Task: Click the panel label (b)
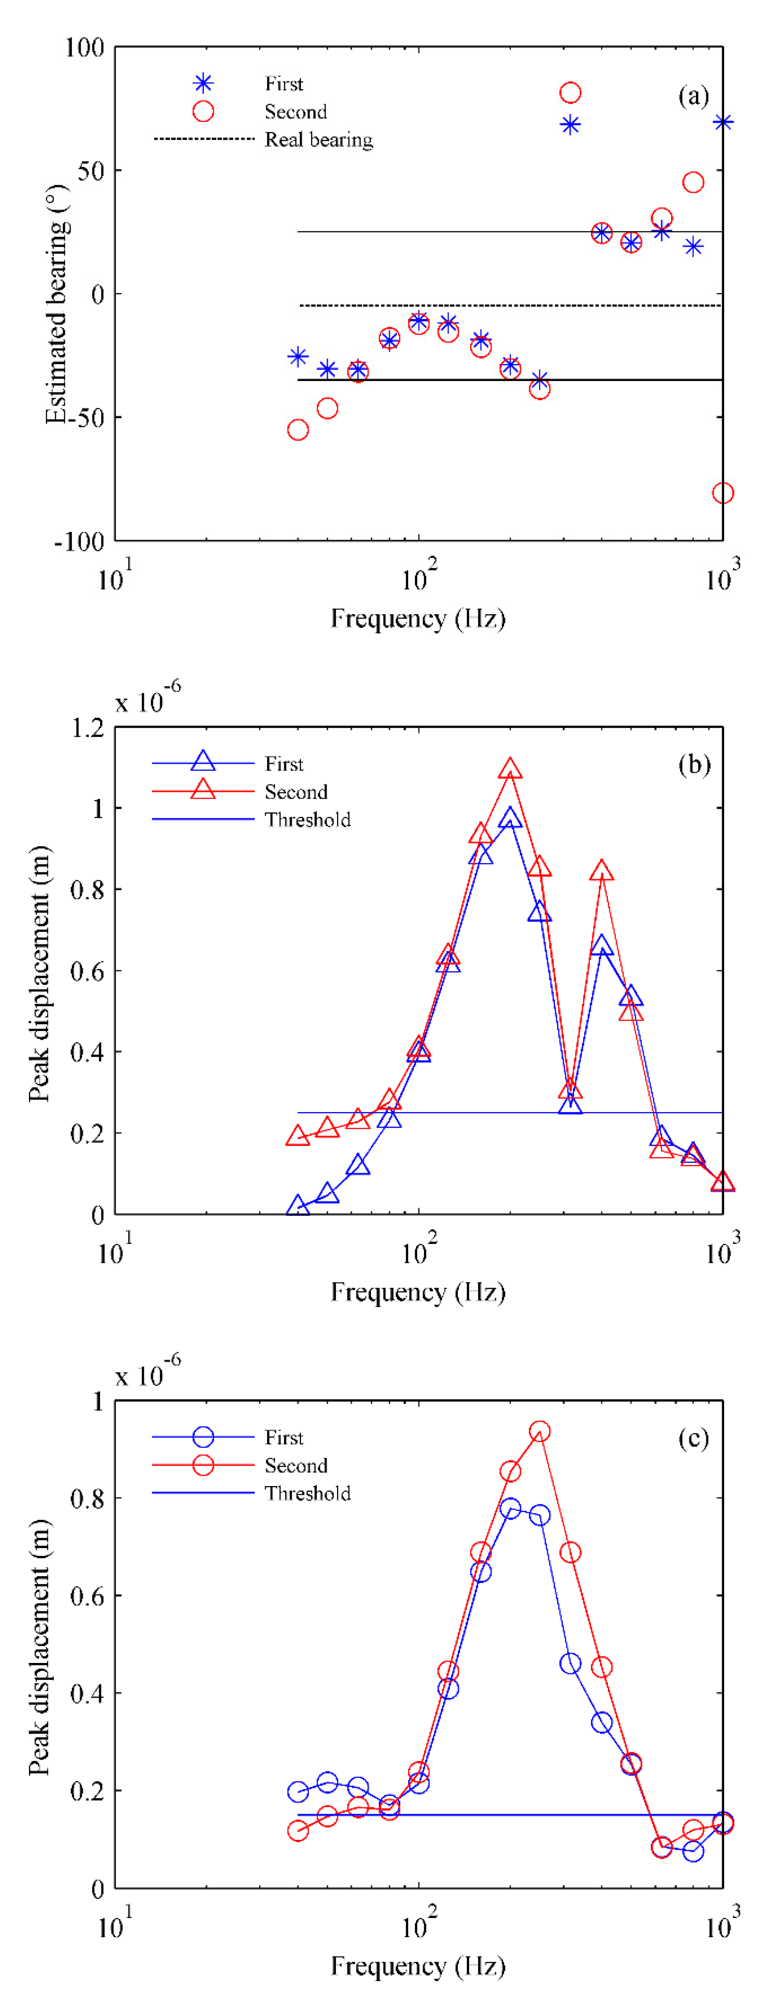pos(693,765)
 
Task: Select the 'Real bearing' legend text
pos(318,140)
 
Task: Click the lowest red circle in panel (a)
pos(722,493)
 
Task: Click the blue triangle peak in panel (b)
pos(510,817)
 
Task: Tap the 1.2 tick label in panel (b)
pos(87,728)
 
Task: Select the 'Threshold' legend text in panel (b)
pos(308,819)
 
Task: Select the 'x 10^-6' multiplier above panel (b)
pos(148,699)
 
